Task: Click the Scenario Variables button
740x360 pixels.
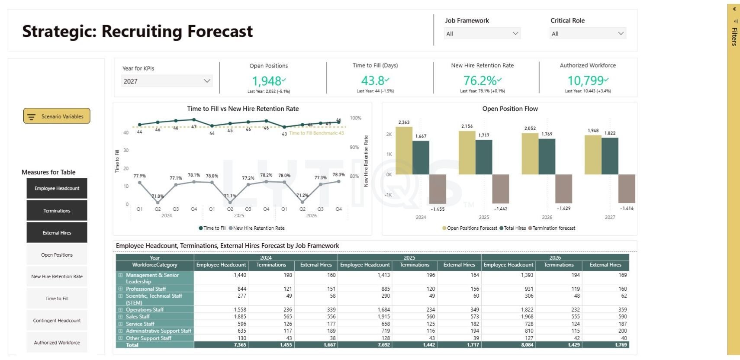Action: [57, 116]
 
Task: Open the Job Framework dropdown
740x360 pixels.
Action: [482, 33]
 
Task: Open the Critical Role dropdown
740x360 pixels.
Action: [588, 33]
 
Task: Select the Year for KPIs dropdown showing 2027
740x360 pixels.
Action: [167, 81]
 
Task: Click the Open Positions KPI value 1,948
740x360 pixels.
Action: [267, 81]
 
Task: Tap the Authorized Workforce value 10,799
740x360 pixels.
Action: [586, 80]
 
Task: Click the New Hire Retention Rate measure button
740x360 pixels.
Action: [57, 276]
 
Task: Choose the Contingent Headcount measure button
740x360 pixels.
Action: [57, 321]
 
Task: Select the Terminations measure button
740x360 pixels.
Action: [57, 211]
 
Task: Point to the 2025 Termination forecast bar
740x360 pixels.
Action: [501, 189]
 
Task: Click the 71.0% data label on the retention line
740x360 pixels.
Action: [158, 196]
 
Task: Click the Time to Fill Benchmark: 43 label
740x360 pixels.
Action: [316, 133]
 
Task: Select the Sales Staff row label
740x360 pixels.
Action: [138, 317]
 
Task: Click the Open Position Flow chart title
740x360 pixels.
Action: [510, 109]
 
